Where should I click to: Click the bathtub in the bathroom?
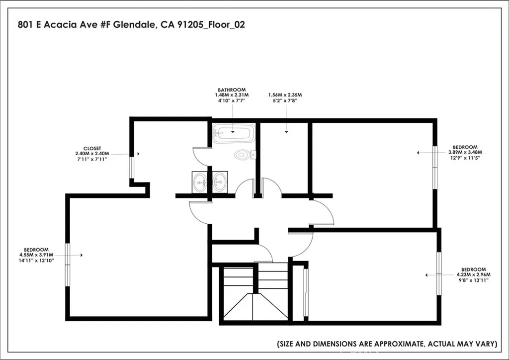(x=234, y=133)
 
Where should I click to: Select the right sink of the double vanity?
(x=219, y=181)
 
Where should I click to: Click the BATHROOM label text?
(x=232, y=90)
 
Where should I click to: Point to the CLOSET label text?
(x=92, y=148)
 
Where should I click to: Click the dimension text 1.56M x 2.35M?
(x=285, y=94)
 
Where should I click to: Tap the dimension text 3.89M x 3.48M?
(x=465, y=152)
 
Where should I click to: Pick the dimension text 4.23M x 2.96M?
(x=473, y=274)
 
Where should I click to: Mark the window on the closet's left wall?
(x=132, y=167)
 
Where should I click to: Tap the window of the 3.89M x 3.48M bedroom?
(x=435, y=167)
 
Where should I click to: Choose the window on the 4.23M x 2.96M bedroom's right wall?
(x=439, y=273)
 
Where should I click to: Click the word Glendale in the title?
(x=136, y=24)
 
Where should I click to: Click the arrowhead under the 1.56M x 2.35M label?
(x=287, y=132)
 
